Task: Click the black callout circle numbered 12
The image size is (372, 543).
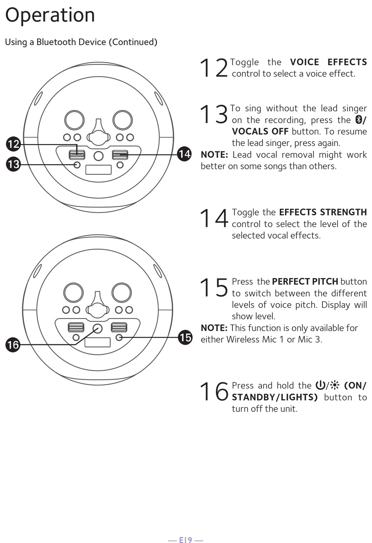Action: (x=13, y=144)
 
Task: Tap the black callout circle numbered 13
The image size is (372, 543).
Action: (x=13, y=164)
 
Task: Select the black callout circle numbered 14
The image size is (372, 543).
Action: (x=184, y=154)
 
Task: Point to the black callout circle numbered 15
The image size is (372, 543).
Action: (x=185, y=337)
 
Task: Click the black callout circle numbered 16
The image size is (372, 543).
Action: (x=13, y=345)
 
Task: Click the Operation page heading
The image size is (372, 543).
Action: (x=50, y=15)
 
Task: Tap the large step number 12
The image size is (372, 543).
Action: (x=213, y=68)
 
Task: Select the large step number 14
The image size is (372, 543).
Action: (x=213, y=218)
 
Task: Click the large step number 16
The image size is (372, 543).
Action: (x=213, y=391)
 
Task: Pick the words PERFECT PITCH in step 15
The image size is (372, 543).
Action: (x=305, y=282)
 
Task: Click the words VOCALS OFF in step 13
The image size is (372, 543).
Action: (x=260, y=131)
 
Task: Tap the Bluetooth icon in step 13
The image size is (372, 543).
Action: (x=358, y=119)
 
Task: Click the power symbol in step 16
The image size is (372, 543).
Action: (x=320, y=386)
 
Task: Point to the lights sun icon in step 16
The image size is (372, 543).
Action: (x=335, y=386)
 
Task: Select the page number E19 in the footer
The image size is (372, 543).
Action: (x=186, y=540)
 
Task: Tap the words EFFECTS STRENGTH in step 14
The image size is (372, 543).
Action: (x=323, y=212)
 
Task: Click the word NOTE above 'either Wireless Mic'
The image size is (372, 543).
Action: (x=214, y=328)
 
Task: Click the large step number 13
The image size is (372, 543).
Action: (x=213, y=114)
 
